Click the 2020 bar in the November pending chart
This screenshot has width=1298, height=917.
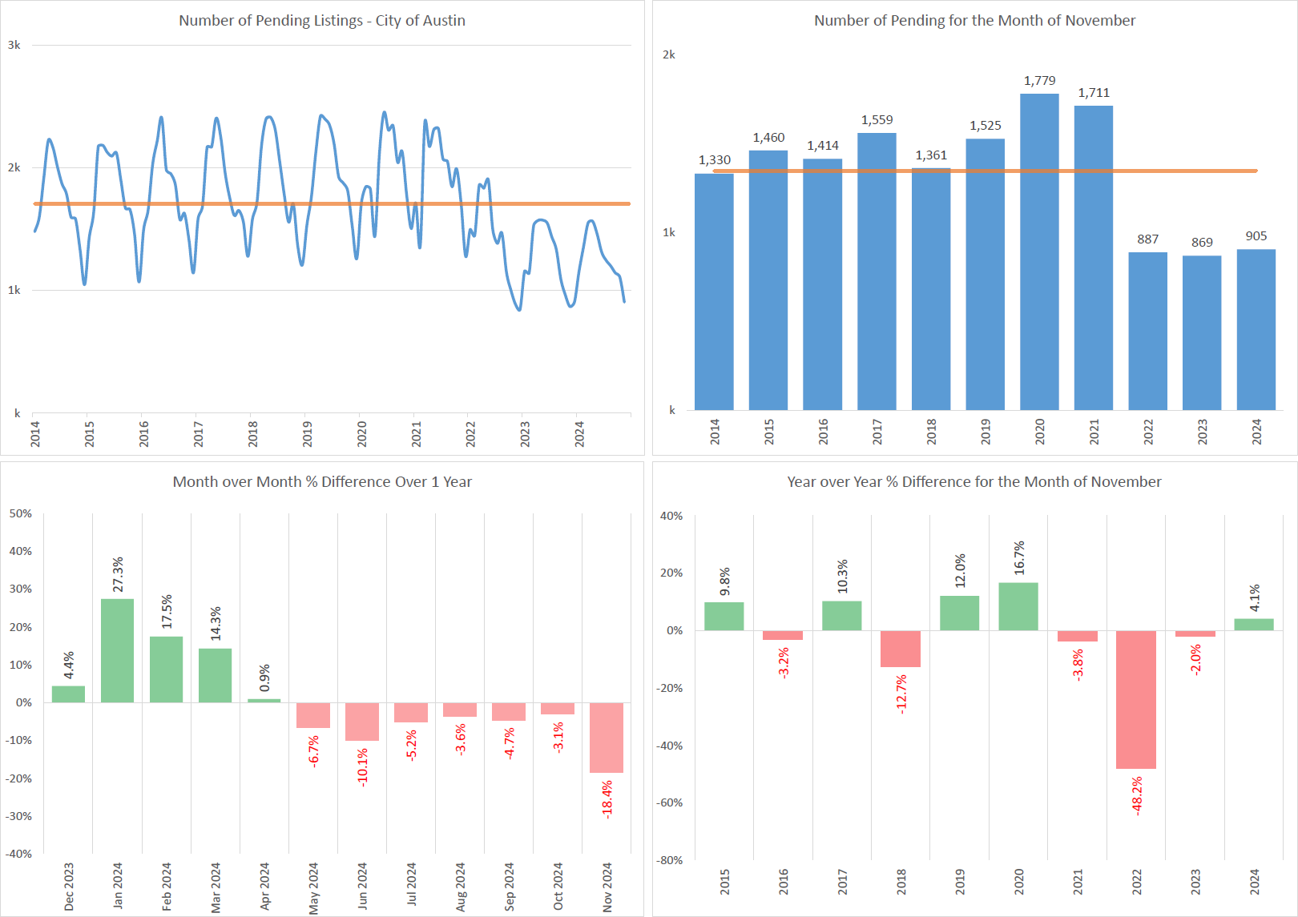1039,252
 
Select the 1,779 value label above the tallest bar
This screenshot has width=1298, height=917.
1039,81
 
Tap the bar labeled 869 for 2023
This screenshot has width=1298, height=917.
1202,332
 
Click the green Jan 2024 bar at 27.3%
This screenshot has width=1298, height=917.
117,650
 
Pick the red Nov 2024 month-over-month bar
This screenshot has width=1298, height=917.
607,738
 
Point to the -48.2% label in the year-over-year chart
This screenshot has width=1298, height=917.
1137,796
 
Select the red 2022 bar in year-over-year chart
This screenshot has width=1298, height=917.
1136,699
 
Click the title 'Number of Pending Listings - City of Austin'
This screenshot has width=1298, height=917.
322,21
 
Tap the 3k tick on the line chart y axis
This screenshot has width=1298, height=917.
14,45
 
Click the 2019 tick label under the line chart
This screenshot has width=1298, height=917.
308,433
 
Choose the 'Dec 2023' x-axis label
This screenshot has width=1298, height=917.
69,886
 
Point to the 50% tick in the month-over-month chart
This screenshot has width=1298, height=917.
21,513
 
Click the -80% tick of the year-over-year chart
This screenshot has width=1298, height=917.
671,860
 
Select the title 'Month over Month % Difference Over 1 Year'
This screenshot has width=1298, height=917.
322,482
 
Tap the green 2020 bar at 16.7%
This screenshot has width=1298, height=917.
1018,606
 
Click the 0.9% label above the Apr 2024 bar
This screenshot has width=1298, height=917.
264,678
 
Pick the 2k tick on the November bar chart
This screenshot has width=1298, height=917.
669,55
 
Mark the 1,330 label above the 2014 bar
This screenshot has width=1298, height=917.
715,160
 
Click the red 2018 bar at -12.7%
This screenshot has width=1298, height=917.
901,649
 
